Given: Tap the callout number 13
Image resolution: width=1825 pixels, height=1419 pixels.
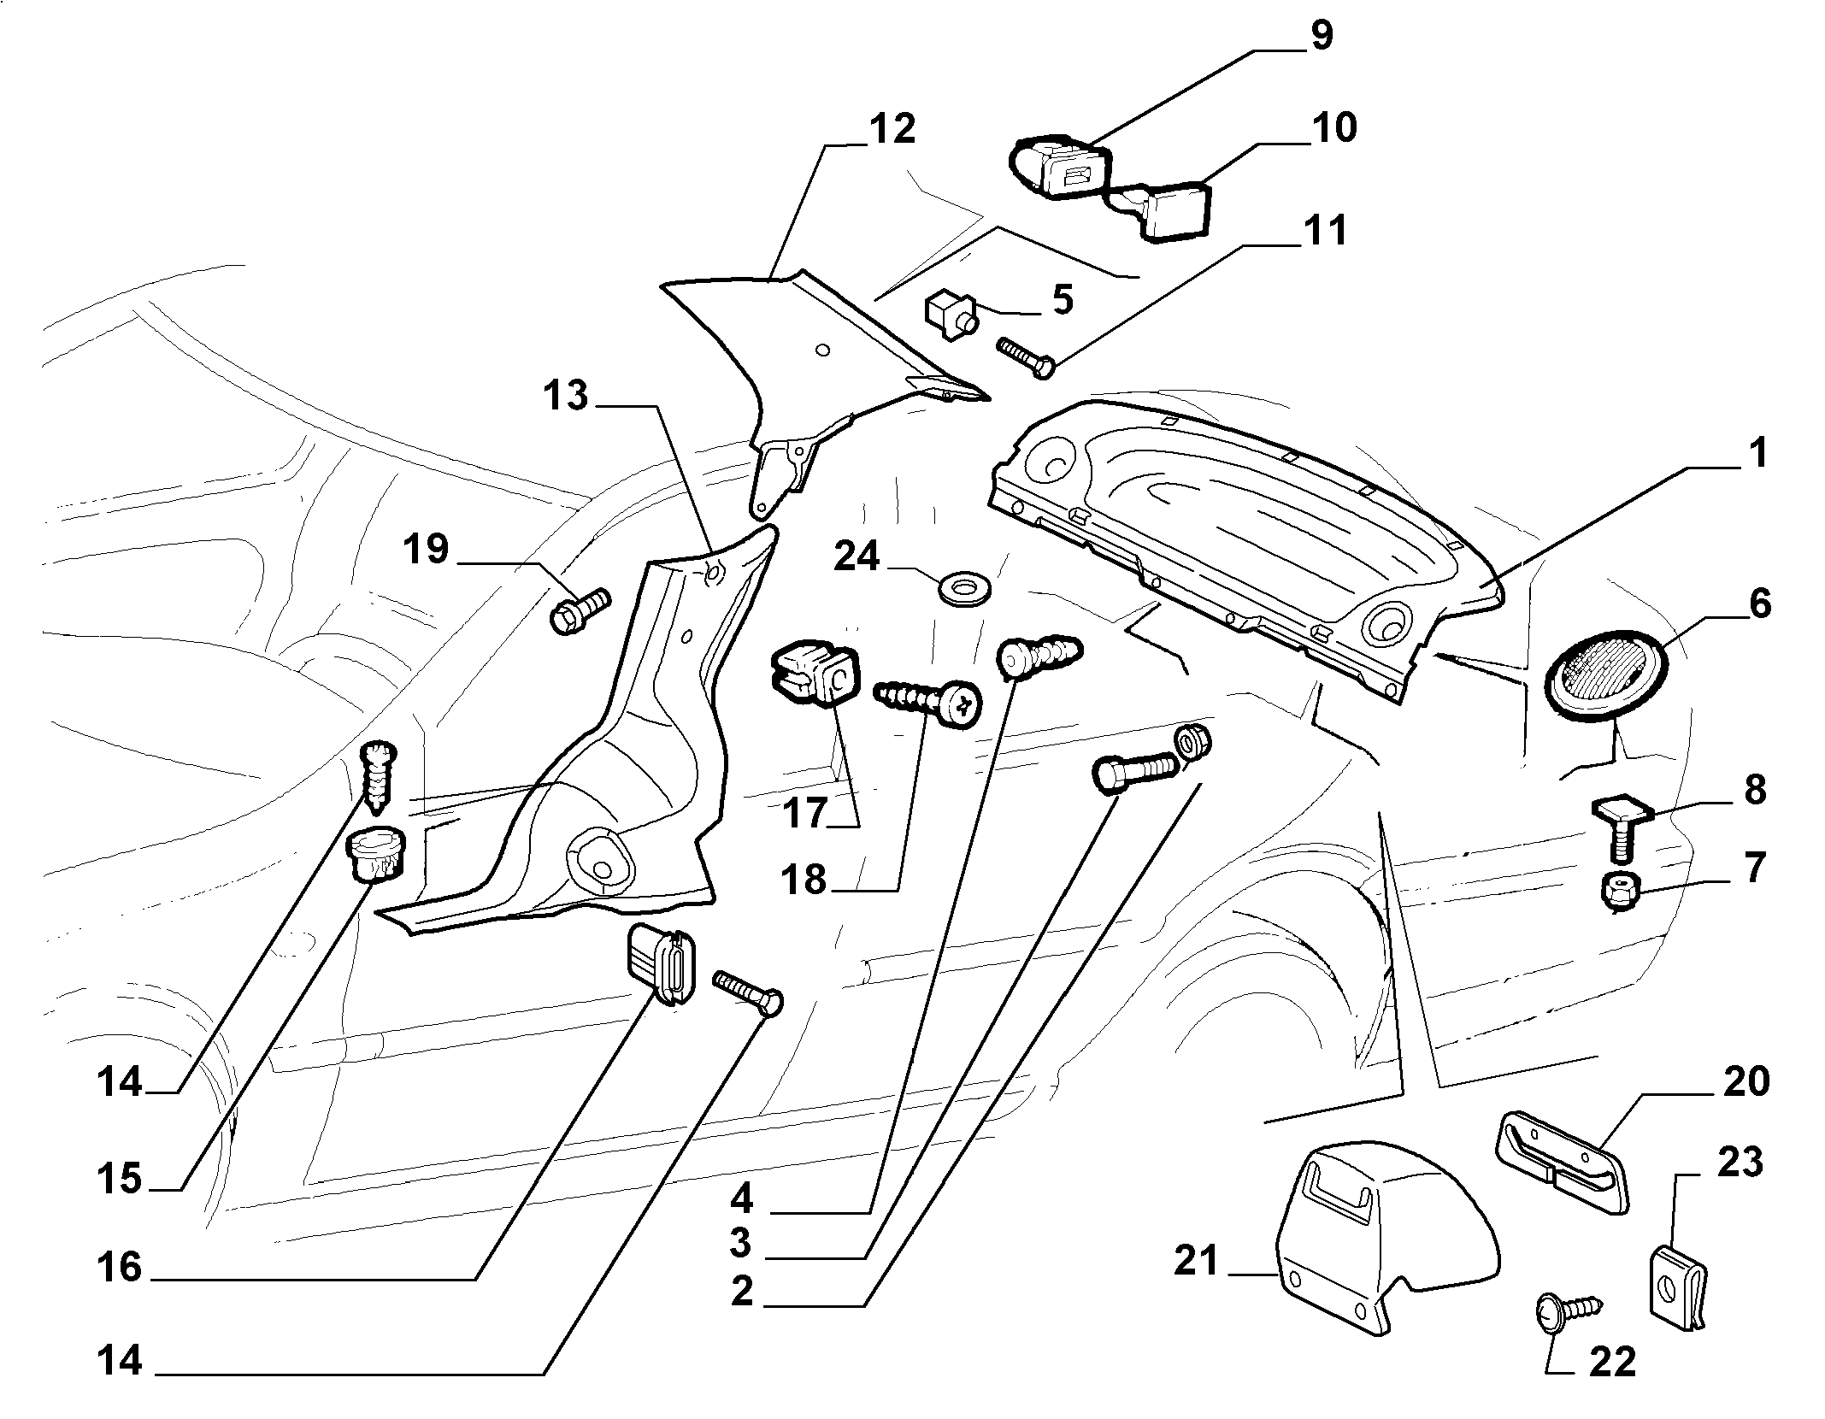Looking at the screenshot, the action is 566,396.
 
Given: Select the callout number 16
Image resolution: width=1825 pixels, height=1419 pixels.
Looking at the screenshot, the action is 119,1268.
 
